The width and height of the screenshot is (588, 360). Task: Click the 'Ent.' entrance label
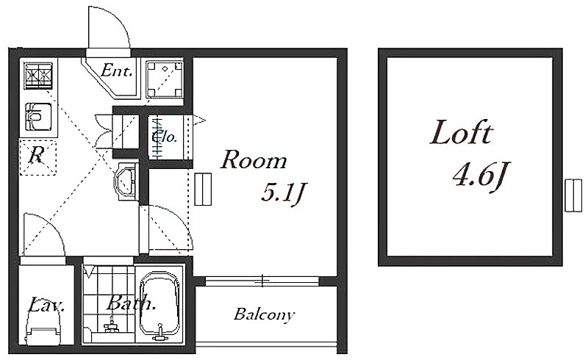pyautogui.click(x=117, y=70)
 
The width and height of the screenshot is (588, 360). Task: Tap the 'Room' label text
pyautogui.click(x=254, y=159)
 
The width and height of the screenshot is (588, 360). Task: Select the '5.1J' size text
pyautogui.click(x=282, y=193)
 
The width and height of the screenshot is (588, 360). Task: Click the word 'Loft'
pyautogui.click(x=462, y=132)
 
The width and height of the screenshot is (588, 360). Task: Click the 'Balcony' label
pyautogui.click(x=264, y=314)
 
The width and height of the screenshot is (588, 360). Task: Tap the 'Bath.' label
pyautogui.click(x=131, y=303)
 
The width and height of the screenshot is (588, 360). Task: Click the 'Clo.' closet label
pyautogui.click(x=165, y=136)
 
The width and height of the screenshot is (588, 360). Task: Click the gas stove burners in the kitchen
pyautogui.click(x=38, y=76)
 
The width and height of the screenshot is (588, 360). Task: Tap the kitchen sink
pyautogui.click(x=38, y=117)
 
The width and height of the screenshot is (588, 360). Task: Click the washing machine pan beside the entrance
pyautogui.click(x=164, y=79)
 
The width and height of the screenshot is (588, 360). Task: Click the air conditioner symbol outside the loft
pyautogui.click(x=573, y=195)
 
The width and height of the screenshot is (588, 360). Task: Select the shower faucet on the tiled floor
pyautogui.click(x=111, y=325)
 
